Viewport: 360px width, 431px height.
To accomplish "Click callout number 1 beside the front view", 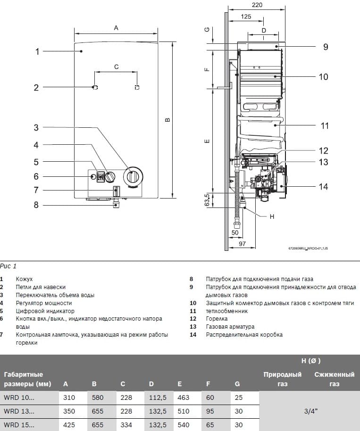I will tap(37, 51).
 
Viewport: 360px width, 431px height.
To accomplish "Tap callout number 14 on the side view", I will tap(323, 187).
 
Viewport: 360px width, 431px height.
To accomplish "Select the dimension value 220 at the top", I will tap(257, 5).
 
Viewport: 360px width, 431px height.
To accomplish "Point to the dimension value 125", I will tap(245, 17).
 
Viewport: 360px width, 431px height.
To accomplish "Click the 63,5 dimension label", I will tap(206, 199).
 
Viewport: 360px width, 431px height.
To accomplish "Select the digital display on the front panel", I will tap(101, 177).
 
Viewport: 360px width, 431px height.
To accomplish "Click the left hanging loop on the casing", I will tap(95, 87).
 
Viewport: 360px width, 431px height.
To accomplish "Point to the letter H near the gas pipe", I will tap(271, 216).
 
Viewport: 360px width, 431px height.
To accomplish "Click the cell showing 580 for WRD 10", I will tap(98, 398).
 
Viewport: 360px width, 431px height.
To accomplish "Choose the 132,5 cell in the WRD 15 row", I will tap(158, 424).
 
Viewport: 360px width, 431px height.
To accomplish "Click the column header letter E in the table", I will tap(180, 384).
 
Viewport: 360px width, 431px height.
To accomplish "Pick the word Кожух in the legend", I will tap(24, 279).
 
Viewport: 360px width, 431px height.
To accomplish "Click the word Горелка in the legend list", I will tap(217, 319).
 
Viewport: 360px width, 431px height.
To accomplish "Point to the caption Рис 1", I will tap(8, 266).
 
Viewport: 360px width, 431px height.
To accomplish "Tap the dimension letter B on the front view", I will tap(167, 121).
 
